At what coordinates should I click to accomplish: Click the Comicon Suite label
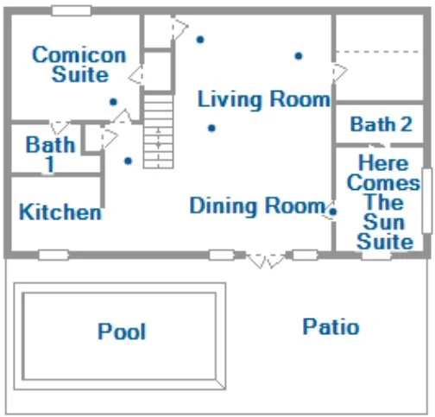coord(79,65)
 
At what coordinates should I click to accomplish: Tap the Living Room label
coord(264,99)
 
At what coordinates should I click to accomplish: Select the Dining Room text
coord(257,205)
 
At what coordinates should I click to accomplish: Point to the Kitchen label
coord(60,212)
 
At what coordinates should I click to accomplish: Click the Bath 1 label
coord(50,154)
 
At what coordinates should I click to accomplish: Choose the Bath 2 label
coord(381,124)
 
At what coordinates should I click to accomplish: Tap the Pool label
coord(122,332)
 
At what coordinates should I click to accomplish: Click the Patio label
coord(331,326)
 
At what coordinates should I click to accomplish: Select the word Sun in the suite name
coord(384,222)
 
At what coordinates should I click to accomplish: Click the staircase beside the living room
coord(158,131)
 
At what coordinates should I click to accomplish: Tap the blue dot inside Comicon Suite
coord(114,102)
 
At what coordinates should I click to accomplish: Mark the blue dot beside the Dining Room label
coord(333,212)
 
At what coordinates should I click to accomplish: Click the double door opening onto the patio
coord(266,261)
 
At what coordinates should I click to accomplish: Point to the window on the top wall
coord(72,10)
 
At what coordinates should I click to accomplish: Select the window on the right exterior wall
coord(427,200)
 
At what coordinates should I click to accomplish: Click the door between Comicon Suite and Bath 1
coord(60,127)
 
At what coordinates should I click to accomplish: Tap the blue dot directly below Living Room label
coord(211,128)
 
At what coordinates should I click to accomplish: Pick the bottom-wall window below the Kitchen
coord(54,255)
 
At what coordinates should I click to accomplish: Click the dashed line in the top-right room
coord(377,52)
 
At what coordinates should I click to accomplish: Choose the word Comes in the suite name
coord(384,183)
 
